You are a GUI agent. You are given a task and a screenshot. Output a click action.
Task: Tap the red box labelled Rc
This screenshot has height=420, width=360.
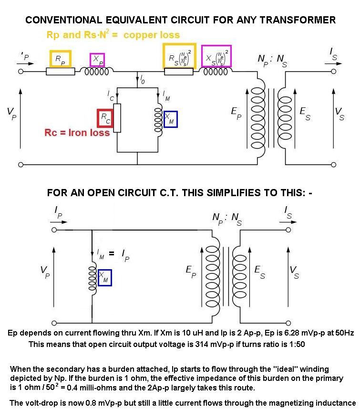[105, 118]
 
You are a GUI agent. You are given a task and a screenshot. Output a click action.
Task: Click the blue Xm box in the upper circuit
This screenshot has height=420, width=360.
[170, 119]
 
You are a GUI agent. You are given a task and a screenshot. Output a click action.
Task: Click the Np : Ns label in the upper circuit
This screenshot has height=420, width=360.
[272, 61]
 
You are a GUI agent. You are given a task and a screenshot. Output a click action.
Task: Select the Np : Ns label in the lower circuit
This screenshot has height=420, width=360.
[227, 219]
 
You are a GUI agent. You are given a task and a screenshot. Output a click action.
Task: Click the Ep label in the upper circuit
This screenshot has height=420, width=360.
[235, 113]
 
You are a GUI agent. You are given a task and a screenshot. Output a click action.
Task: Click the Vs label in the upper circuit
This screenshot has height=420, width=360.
[339, 114]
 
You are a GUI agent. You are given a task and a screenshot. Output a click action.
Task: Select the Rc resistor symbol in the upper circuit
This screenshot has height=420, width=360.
[117, 117]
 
